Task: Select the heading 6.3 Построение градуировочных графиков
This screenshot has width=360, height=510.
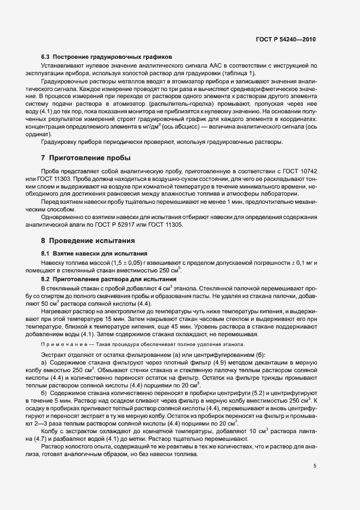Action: [x=107, y=57]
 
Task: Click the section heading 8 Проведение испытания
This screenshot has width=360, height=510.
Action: [x=89, y=240]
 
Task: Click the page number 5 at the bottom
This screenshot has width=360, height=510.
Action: [x=315, y=466]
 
